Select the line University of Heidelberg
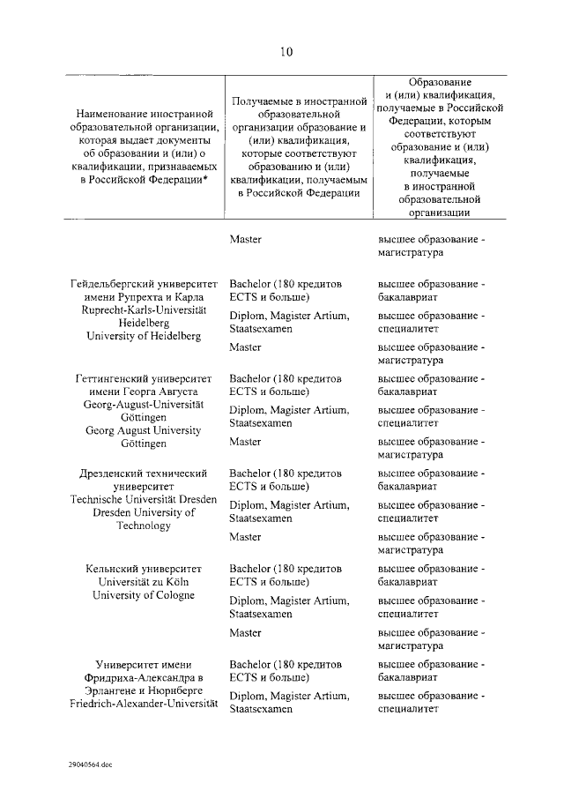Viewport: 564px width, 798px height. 144,336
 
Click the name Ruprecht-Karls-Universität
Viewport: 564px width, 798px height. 144,310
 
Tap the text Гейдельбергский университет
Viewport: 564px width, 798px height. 144,285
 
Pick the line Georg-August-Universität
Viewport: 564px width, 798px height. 144,403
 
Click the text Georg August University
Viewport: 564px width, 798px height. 144,430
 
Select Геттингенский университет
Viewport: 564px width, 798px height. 144,377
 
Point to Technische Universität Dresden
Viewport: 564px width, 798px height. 144,499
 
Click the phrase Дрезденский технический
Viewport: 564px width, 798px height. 144,473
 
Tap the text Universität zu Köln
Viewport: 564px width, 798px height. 144,582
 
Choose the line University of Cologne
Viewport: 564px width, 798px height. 144,595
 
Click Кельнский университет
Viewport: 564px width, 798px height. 144,569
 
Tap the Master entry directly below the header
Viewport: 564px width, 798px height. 245,239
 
